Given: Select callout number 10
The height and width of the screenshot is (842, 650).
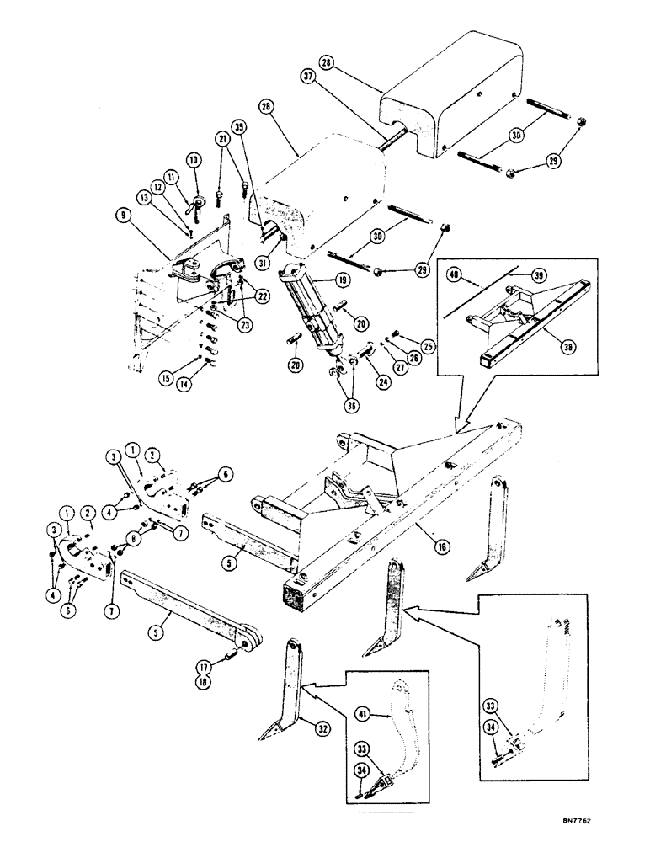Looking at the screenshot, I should click(193, 158).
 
